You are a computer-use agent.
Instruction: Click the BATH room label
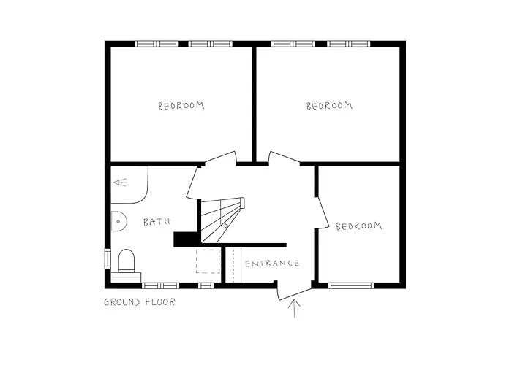coord(157,221)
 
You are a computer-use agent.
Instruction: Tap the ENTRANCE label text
coord(271,264)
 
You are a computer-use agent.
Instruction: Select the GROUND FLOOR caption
coord(140,302)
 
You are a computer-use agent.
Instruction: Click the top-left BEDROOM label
coord(181,106)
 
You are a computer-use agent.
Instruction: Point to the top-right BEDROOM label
coord(329,106)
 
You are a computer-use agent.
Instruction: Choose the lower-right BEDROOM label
coord(359,226)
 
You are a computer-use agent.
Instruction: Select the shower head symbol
coord(120,182)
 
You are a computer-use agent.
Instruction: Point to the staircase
coord(221,219)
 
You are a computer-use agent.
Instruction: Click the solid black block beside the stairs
coord(186,239)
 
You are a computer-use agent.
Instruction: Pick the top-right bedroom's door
coord(285,158)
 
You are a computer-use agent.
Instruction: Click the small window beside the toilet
coord(108,259)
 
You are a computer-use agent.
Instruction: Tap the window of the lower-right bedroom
coord(351,285)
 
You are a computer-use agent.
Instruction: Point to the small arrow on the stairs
coord(223,228)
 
